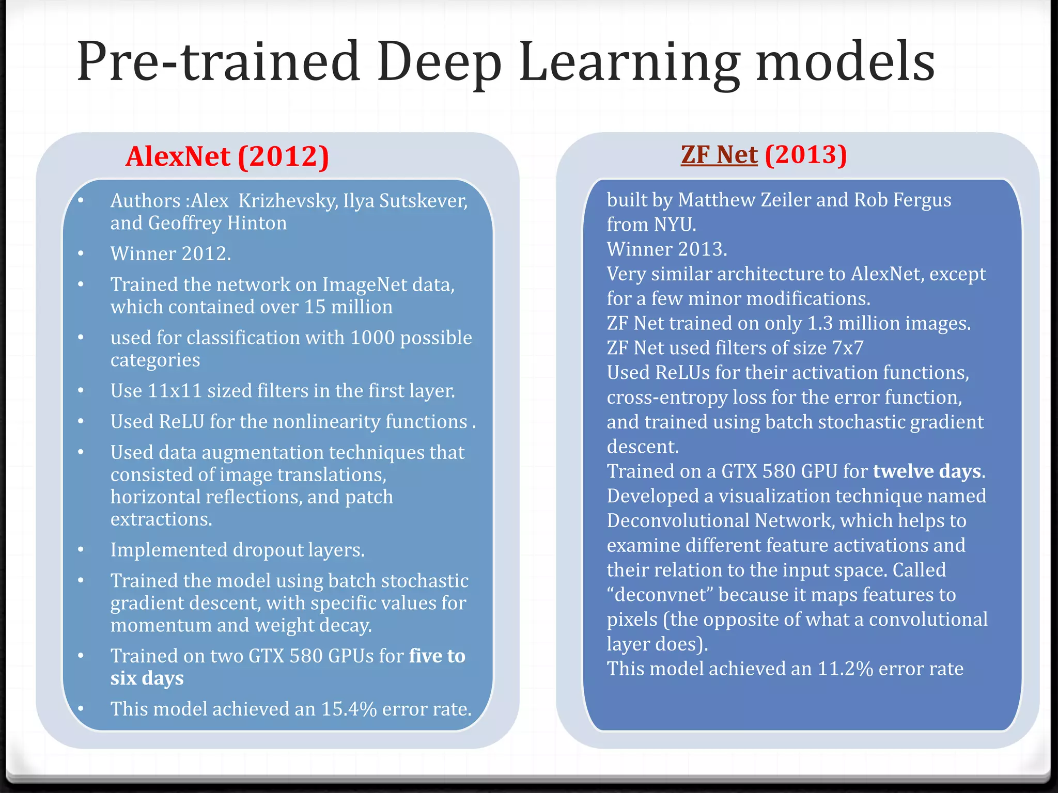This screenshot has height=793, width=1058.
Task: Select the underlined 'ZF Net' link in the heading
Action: tap(719, 155)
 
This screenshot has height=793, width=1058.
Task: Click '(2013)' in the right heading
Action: tap(806, 155)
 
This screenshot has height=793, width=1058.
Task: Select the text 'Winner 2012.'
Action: tap(170, 253)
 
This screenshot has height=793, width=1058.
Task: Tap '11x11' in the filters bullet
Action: tap(174, 391)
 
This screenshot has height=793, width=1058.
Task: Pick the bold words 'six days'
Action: tap(147, 678)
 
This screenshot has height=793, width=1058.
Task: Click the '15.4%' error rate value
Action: tap(349, 709)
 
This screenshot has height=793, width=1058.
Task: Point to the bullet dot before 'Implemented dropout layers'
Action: tap(81, 550)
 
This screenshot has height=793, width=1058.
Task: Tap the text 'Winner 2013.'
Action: tap(666, 249)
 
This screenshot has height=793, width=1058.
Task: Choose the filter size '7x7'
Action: tap(847, 348)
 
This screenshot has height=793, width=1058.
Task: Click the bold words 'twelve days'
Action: tap(927, 471)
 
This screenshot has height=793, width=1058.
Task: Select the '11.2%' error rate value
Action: tap(845, 669)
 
